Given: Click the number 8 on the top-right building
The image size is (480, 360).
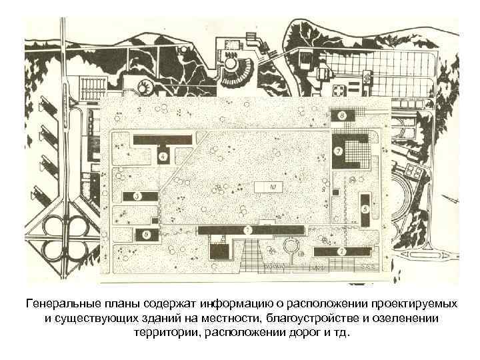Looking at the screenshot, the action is [342, 115].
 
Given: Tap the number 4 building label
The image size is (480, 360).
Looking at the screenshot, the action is [163, 157].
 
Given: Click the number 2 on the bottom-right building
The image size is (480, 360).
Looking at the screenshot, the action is [341, 251].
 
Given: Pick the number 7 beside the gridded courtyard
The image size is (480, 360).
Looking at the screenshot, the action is [339, 151].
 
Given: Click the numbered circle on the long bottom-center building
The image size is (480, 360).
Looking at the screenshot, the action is [248, 230].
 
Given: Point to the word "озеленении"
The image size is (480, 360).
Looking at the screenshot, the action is [408, 318].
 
